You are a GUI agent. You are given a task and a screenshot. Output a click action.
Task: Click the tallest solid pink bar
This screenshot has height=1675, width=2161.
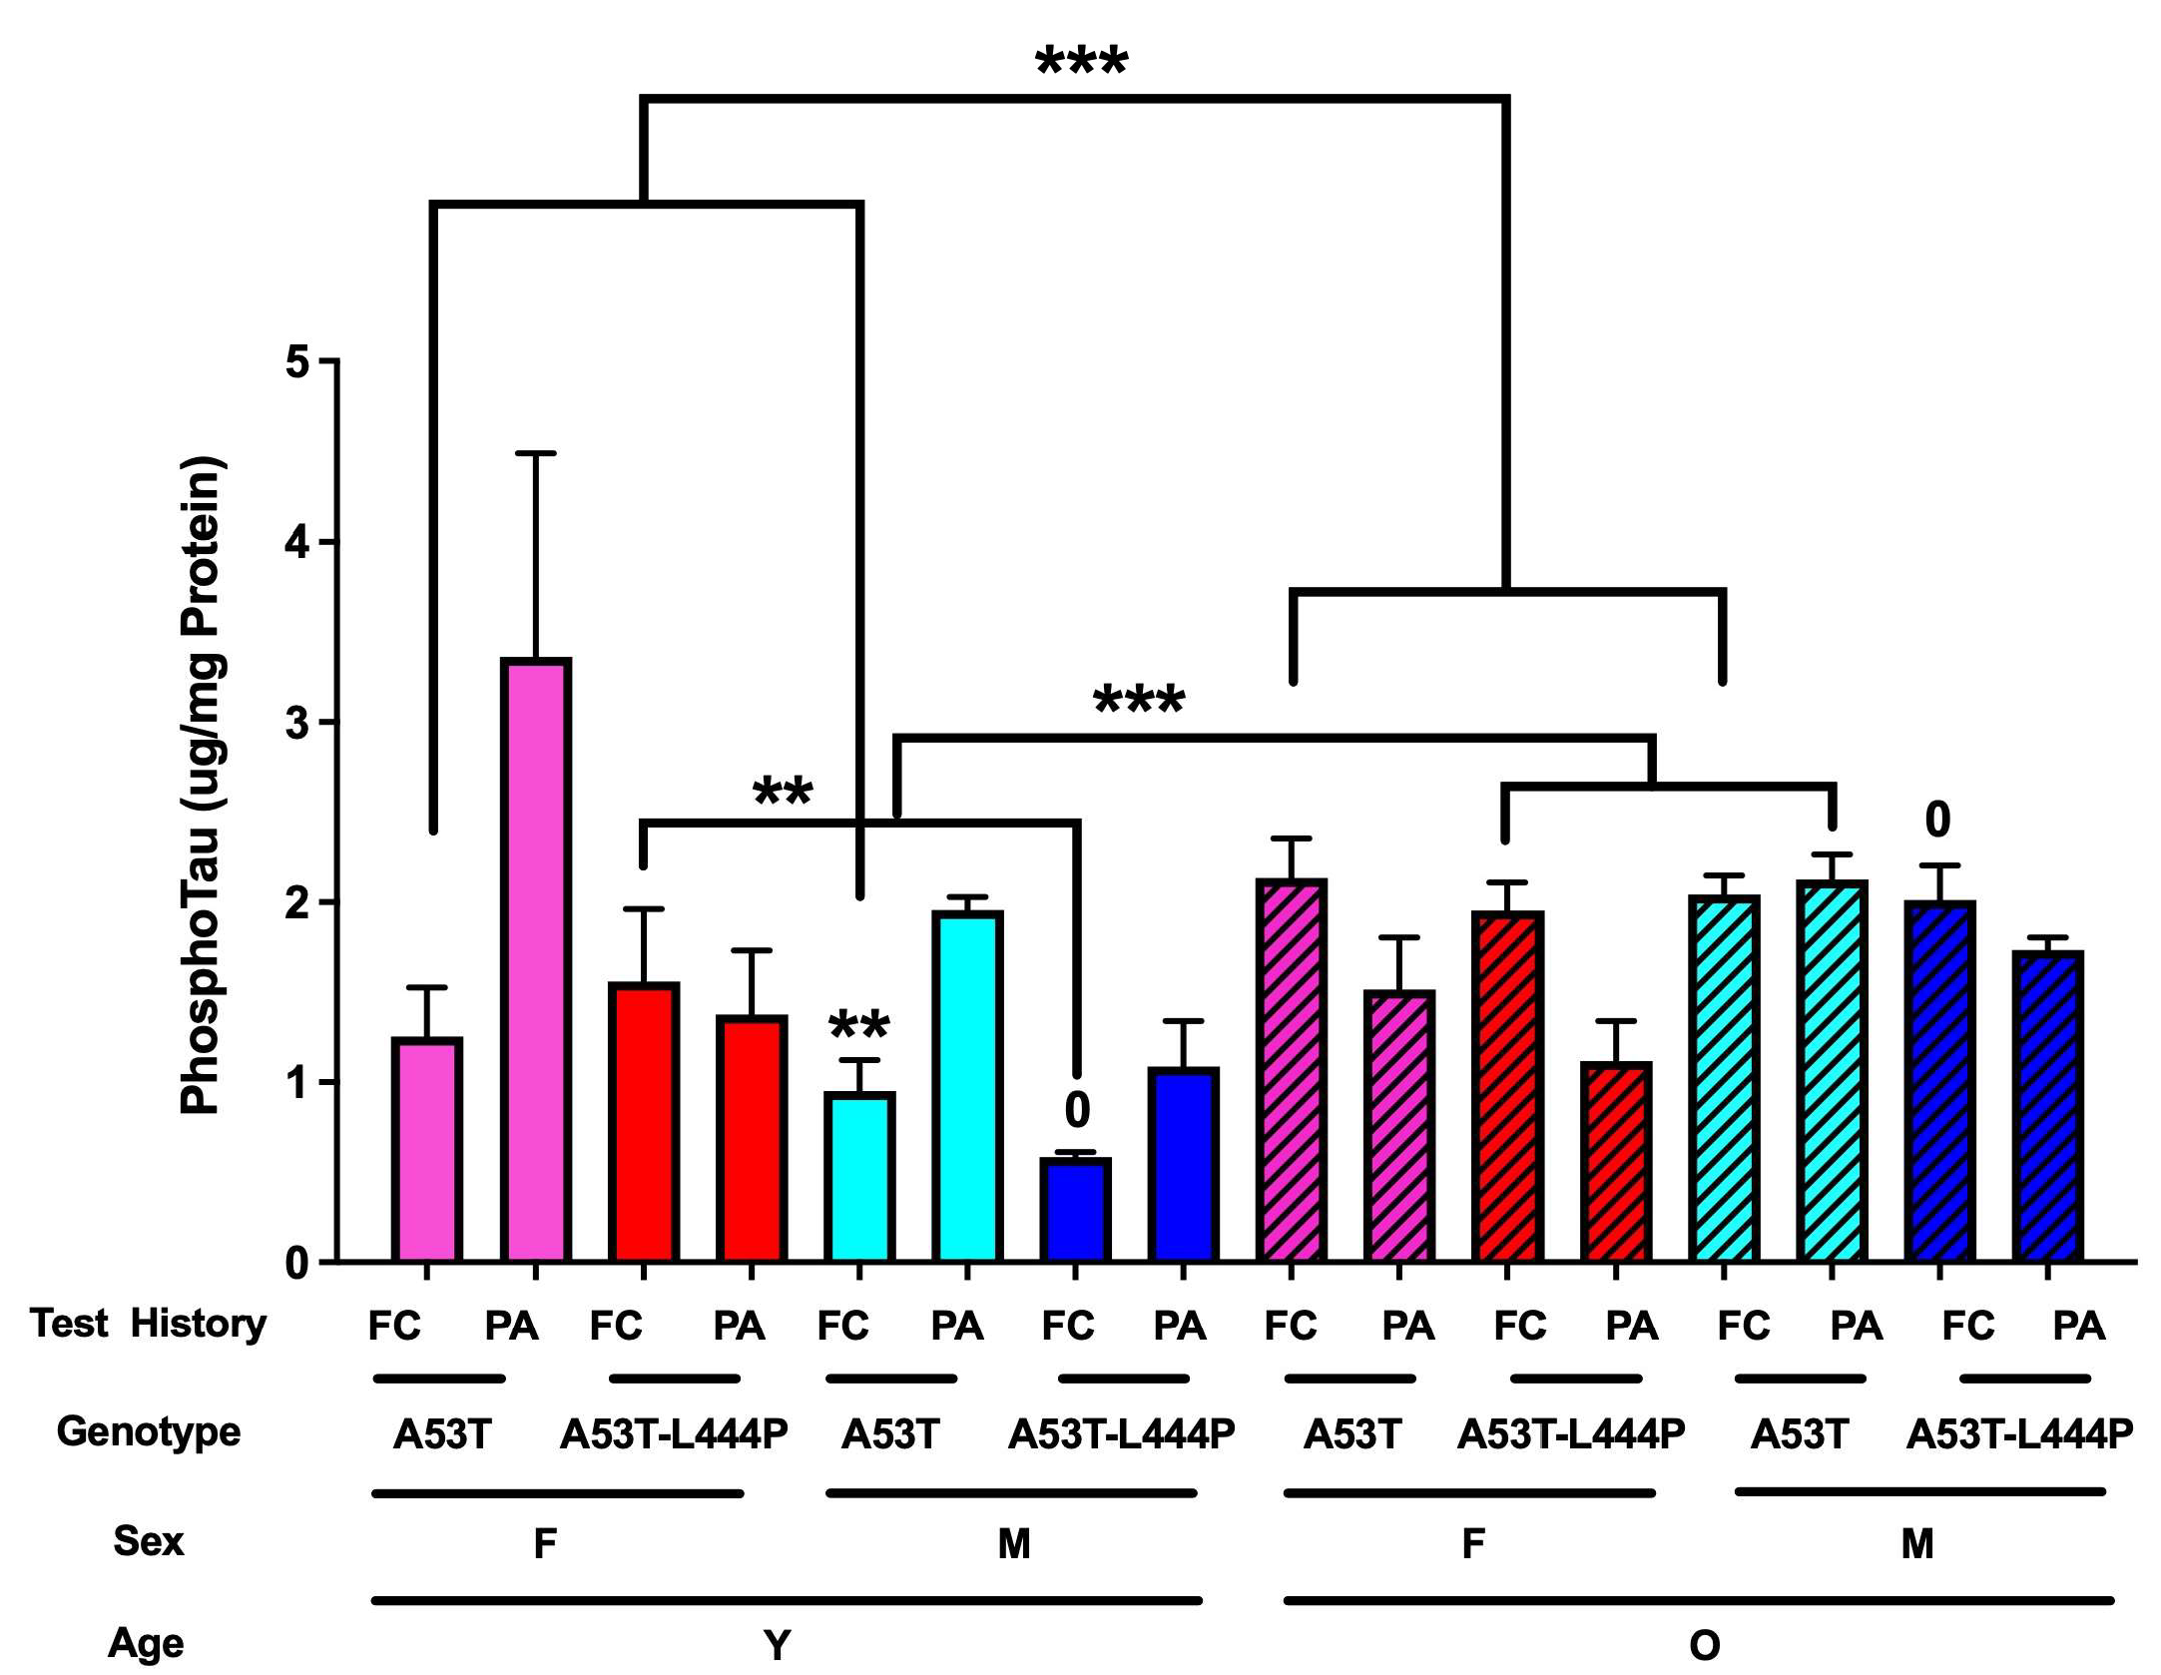click(537, 958)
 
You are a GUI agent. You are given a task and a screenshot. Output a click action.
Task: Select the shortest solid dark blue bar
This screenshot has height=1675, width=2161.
click(1075, 1210)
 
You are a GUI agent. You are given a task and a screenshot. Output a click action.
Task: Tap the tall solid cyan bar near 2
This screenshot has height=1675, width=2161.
click(966, 1086)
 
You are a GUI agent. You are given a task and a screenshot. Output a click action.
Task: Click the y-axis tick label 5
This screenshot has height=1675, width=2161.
click(297, 362)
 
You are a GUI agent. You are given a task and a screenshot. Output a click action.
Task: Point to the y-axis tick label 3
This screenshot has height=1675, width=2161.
click(297, 724)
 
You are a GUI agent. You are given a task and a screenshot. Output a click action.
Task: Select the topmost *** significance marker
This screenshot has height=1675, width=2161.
click(1082, 63)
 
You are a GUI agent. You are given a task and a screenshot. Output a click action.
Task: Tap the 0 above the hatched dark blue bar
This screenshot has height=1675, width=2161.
click(1936, 821)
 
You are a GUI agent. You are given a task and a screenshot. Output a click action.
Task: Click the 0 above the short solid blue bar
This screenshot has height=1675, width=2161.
click(1077, 1110)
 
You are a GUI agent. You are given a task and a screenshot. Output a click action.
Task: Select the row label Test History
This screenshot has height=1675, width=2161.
click(148, 1324)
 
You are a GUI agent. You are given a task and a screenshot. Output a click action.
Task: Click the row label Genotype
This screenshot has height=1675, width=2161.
click(148, 1431)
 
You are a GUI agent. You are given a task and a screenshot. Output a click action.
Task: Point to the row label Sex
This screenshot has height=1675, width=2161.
click(148, 1541)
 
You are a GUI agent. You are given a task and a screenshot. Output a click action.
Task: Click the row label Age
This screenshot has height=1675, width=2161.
click(146, 1642)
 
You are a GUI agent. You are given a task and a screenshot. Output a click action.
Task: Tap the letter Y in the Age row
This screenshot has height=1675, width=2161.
click(777, 1644)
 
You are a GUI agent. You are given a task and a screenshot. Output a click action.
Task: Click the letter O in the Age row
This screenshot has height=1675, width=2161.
click(1704, 1644)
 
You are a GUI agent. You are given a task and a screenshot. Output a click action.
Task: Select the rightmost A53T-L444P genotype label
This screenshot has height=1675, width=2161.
click(2018, 1434)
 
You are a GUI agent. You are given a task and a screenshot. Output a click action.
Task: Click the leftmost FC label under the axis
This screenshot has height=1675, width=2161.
click(394, 1326)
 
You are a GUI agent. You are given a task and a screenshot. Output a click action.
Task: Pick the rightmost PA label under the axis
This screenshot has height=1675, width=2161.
click(2078, 1326)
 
